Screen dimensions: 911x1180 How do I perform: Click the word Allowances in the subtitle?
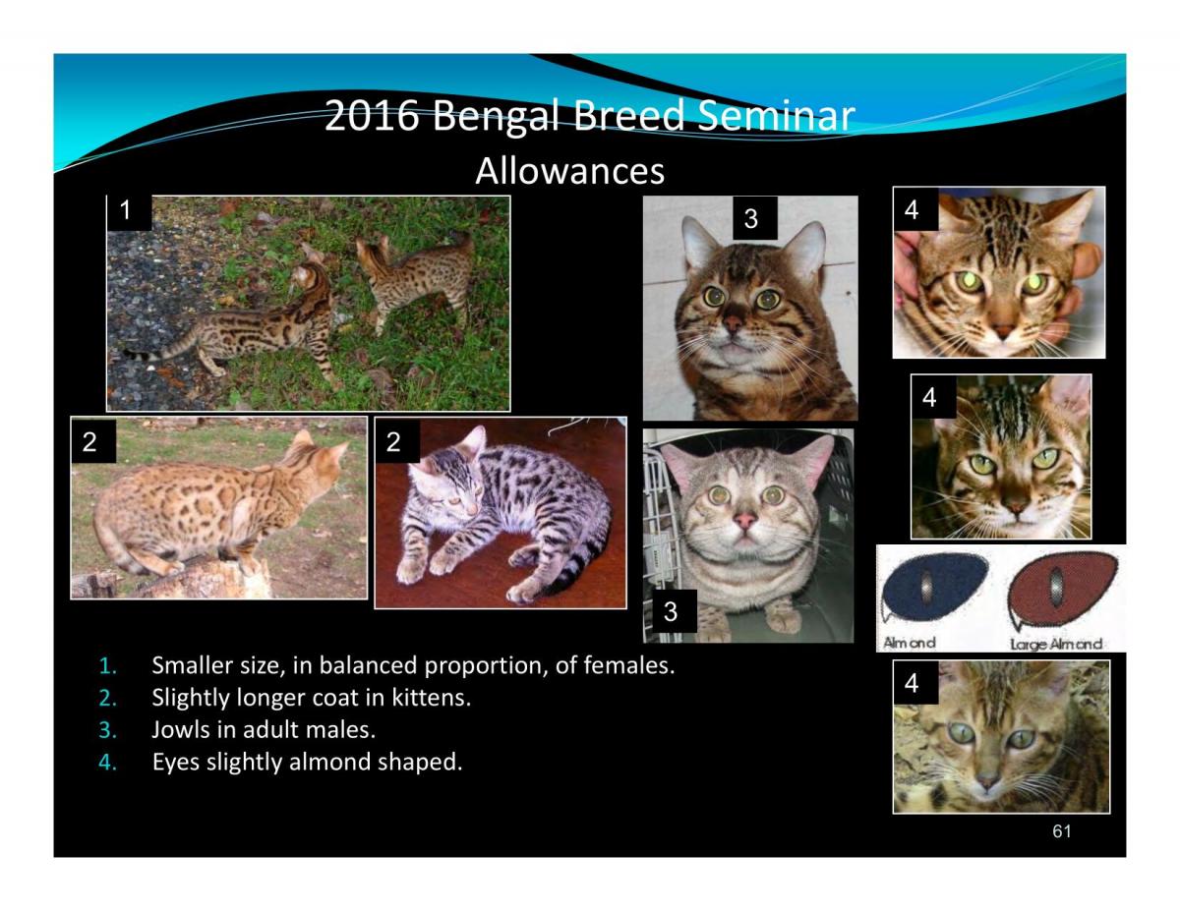tap(569, 172)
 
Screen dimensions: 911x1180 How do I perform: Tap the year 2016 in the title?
tap(371, 118)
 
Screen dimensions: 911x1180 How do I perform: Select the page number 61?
tap(1061, 831)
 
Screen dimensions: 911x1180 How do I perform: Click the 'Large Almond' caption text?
tap(1056, 644)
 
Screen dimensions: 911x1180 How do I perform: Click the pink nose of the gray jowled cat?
tap(743, 518)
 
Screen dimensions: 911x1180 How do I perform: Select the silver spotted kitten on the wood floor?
tap(492, 511)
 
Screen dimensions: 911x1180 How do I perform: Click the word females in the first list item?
tap(627, 666)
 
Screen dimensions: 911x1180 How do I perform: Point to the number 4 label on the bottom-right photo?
tap(913, 684)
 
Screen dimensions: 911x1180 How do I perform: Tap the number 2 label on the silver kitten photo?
tap(394, 442)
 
